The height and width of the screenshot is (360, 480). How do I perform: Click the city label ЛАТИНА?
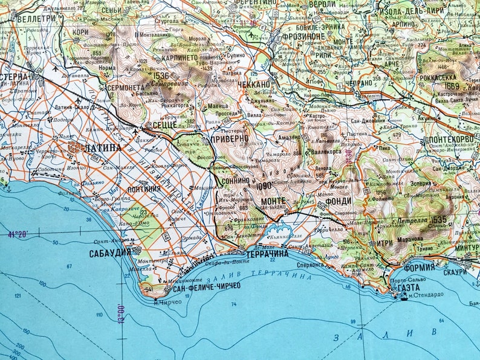[104, 147]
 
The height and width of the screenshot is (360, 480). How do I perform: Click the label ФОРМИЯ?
[420, 266]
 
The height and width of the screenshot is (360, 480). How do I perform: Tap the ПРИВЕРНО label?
[229, 138]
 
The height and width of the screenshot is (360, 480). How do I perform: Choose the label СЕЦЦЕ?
[164, 125]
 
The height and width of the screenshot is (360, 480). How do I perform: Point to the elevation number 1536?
[161, 77]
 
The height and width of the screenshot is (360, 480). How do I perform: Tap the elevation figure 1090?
[264, 186]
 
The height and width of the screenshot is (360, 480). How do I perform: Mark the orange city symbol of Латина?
[76, 147]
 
